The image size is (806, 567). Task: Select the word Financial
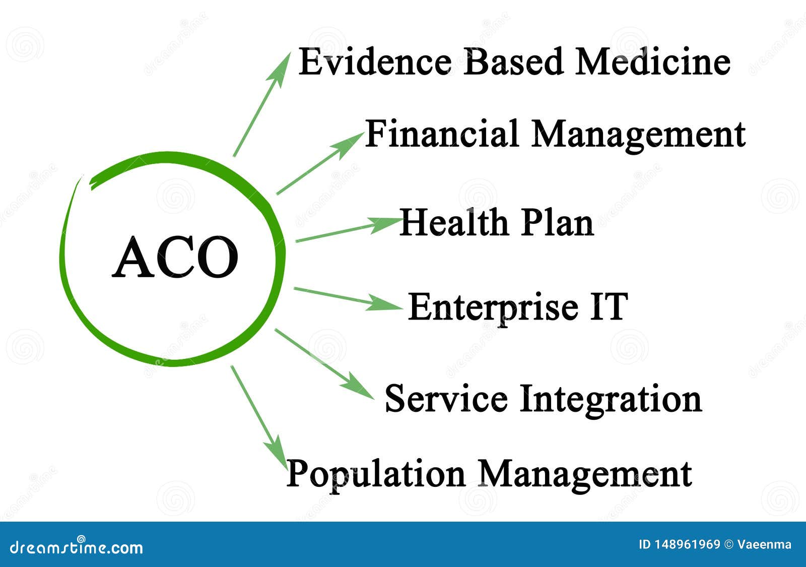[442, 134]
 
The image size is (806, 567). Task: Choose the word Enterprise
[493, 307]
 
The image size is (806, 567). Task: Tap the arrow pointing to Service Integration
[324, 363]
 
